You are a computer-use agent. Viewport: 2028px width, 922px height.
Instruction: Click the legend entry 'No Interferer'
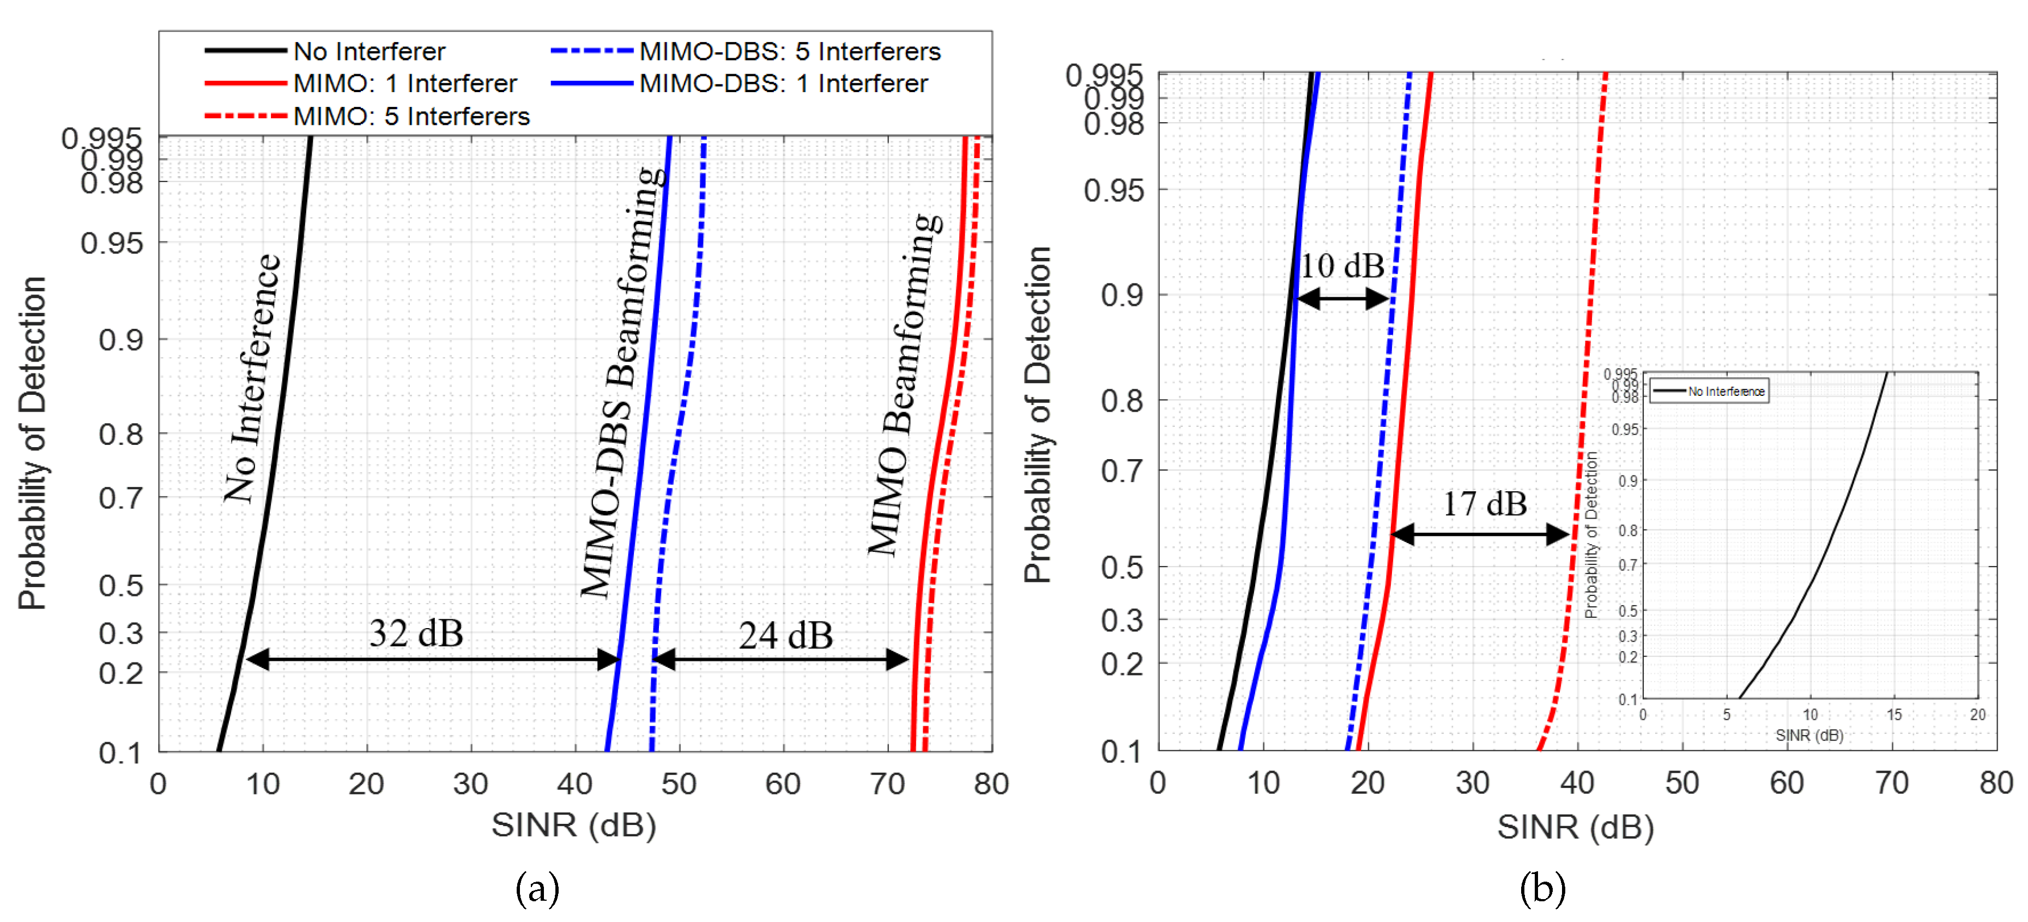pos(368,51)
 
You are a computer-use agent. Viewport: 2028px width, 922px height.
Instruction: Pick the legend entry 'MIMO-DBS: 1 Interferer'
pos(783,83)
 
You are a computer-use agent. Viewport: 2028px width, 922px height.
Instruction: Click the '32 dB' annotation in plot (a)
pos(416,633)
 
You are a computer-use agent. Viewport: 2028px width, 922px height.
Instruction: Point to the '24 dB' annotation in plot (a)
pos(785,635)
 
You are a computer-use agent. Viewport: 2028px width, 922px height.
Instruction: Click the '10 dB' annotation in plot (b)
pos(1341,266)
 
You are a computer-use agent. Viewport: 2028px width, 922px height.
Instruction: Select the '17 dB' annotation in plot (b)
pos(1484,504)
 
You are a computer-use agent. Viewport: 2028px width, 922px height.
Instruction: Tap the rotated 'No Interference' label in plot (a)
pos(252,378)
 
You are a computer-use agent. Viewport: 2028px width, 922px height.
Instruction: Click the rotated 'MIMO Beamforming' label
pos(904,384)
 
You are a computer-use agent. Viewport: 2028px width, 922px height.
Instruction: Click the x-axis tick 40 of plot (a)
pos(574,784)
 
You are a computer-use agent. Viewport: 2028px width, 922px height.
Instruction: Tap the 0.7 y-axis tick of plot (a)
pos(120,498)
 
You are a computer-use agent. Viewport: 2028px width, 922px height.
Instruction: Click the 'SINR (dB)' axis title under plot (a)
pos(573,825)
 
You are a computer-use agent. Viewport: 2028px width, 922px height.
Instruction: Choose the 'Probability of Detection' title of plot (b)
pos(1038,414)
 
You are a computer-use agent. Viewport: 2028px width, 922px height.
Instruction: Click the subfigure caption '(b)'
pos(1542,888)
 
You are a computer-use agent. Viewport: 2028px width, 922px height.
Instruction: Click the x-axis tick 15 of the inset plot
pos(1893,715)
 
